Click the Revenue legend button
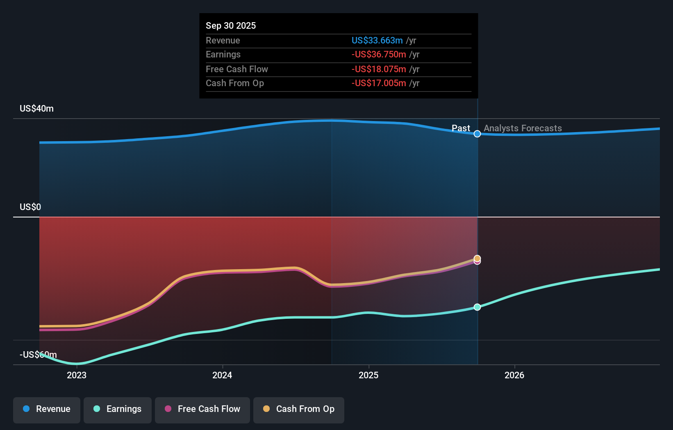tap(47, 409)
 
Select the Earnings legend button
tap(118, 409)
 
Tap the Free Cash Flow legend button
tap(202, 409)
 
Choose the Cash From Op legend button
tap(299, 409)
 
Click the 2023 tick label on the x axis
tap(77, 375)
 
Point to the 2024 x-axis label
tap(222, 375)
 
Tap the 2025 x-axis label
tap(368, 375)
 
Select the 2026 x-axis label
tap(514, 375)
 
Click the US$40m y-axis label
tap(36, 109)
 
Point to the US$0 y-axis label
tap(30, 207)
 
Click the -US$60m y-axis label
tap(38, 355)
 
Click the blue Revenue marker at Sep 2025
tap(477, 134)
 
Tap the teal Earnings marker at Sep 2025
tap(477, 307)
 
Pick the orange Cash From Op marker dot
tap(477, 258)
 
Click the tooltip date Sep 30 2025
tap(231, 25)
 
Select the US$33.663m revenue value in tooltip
tap(377, 40)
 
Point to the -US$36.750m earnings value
tap(379, 55)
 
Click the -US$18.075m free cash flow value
tap(379, 69)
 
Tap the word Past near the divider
tap(461, 128)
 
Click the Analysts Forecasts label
tap(523, 128)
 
